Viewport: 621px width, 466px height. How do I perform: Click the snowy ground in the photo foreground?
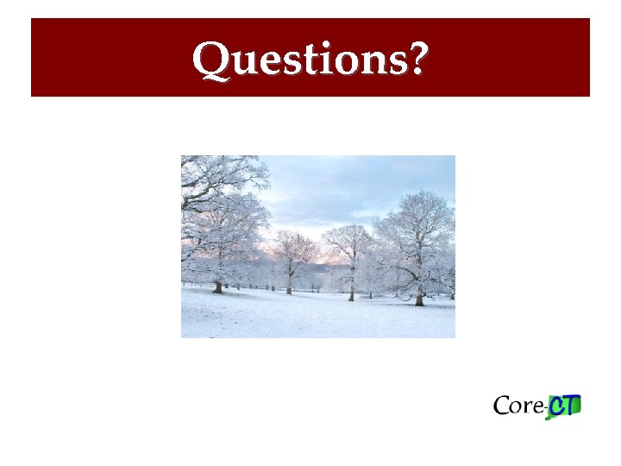(319, 319)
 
